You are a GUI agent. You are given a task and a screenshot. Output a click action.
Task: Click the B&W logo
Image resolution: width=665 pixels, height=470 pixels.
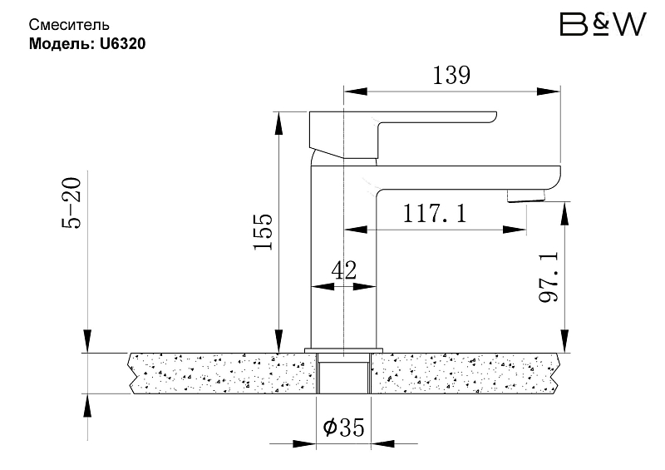pyautogui.click(x=603, y=24)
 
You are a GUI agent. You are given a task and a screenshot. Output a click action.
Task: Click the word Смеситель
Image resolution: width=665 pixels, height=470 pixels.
pyautogui.click(x=69, y=25)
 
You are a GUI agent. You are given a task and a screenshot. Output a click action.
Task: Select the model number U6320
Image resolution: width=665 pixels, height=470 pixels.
pyautogui.click(x=122, y=44)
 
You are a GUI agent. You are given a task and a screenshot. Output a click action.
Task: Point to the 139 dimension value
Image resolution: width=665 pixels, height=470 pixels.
pyautogui.click(x=451, y=76)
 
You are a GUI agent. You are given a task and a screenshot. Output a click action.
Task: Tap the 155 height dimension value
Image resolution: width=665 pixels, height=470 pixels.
pyautogui.click(x=263, y=231)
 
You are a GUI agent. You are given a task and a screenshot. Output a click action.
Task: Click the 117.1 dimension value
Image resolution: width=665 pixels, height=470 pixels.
pyautogui.click(x=434, y=214)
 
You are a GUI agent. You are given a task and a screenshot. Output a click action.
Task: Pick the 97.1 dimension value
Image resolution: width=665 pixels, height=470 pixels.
pyautogui.click(x=549, y=277)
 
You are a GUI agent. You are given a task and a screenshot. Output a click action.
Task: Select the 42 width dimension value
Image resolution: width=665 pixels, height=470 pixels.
pyautogui.click(x=344, y=270)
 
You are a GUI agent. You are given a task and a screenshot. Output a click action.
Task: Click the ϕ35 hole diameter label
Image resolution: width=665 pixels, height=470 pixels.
pyautogui.click(x=343, y=427)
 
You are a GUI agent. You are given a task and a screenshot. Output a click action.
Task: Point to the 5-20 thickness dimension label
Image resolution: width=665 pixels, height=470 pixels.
pyautogui.click(x=71, y=203)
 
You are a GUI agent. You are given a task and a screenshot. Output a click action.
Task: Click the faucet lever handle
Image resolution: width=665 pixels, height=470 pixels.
pyautogui.click(x=403, y=135)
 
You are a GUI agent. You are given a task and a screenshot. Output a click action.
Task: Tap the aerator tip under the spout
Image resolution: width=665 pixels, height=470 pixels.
pyautogui.click(x=526, y=196)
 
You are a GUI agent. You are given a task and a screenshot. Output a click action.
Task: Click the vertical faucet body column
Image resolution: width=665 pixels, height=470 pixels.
pyautogui.click(x=344, y=257)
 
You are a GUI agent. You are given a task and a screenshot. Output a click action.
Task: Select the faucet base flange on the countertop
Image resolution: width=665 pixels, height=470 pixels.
pyautogui.click(x=343, y=350)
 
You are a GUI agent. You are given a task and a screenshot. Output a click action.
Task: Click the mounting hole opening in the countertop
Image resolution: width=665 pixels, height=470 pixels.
pyautogui.click(x=344, y=374)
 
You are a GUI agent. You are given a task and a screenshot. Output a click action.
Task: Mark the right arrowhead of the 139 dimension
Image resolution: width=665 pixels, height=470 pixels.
pyautogui.click(x=549, y=92)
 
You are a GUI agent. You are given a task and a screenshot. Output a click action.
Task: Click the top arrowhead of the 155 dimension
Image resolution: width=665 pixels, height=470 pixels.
pyautogui.click(x=278, y=123)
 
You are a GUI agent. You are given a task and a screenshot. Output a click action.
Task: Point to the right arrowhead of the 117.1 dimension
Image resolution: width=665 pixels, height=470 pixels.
pyautogui.click(x=515, y=230)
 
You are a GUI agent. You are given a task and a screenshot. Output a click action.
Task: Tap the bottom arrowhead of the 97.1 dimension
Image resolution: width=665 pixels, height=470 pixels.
pyautogui.click(x=565, y=341)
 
